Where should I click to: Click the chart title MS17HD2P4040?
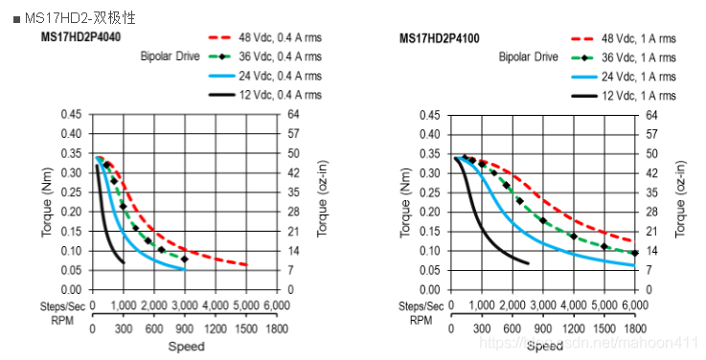coord(80,38)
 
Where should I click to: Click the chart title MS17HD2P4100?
coord(440,38)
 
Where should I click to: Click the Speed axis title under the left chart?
coord(186,346)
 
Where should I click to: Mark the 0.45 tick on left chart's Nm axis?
coord(71,115)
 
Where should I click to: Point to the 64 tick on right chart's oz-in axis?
coord(651,115)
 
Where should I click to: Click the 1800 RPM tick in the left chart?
coord(277,327)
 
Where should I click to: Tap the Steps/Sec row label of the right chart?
coord(421,305)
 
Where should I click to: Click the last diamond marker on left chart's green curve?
coord(185,259)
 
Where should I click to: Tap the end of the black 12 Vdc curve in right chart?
coord(528,263)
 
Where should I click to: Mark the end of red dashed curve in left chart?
coord(246,265)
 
